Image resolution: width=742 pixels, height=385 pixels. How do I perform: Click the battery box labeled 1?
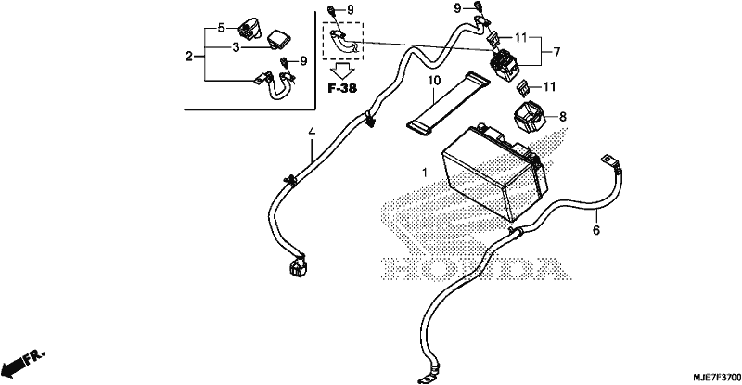(x=494, y=172)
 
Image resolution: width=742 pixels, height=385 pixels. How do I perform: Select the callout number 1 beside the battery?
(x=425, y=173)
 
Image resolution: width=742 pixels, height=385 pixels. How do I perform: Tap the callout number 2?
(x=189, y=57)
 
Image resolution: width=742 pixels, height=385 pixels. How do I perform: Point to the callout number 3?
(x=236, y=47)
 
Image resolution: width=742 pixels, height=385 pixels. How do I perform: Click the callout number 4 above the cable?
(x=312, y=132)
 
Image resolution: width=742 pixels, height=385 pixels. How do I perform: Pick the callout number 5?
(x=222, y=28)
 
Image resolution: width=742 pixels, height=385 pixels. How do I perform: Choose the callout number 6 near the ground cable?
(x=596, y=230)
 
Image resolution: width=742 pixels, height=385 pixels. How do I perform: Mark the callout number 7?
(x=556, y=52)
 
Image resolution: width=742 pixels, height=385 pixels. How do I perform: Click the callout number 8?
(x=563, y=116)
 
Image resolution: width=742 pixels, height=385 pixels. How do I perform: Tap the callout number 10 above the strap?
(x=434, y=81)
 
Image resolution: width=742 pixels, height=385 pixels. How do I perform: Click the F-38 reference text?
(x=342, y=88)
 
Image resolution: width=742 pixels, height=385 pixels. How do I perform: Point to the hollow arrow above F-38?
(x=342, y=71)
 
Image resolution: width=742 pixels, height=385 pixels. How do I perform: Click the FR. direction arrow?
(x=22, y=361)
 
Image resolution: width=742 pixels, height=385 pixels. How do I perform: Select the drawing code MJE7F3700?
(x=716, y=378)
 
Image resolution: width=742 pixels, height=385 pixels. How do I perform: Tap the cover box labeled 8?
(x=529, y=117)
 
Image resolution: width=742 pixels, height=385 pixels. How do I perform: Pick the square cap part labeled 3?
(x=279, y=39)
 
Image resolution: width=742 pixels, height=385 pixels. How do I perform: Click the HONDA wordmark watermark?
(x=476, y=268)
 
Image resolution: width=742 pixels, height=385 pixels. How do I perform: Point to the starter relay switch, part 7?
(x=505, y=64)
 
